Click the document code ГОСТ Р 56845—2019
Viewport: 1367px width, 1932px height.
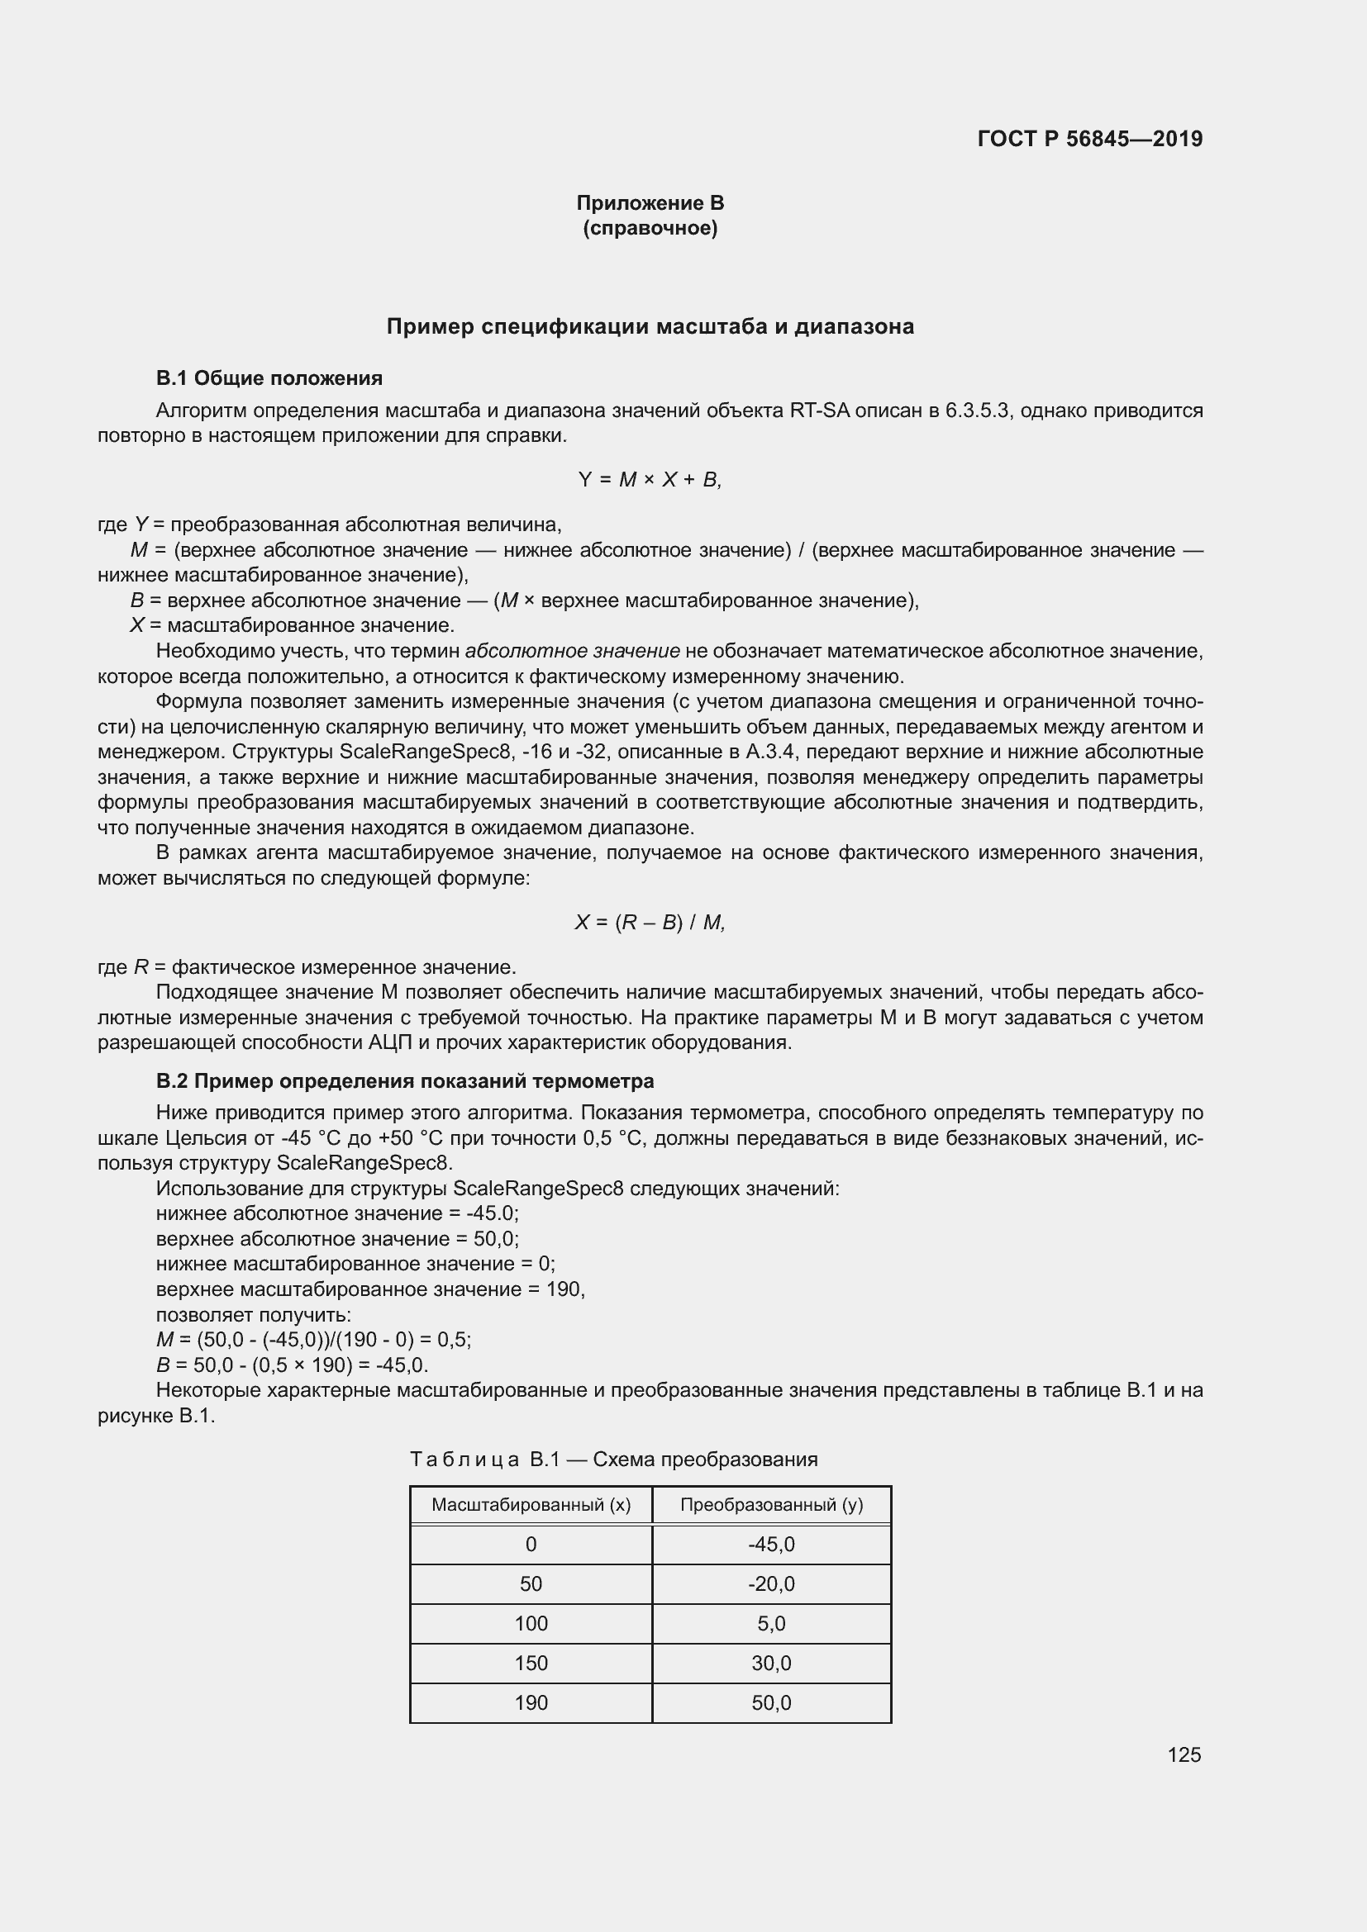1089,139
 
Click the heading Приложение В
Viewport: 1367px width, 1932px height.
650,203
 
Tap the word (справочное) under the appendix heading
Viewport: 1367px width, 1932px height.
650,228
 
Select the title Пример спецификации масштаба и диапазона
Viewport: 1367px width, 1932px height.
650,326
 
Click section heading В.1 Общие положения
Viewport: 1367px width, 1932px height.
269,378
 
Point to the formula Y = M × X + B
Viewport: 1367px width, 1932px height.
650,480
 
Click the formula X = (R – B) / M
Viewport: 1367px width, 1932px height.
650,923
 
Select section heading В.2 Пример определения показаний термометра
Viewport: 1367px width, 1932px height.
405,1080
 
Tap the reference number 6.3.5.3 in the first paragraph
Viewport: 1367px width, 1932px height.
976,411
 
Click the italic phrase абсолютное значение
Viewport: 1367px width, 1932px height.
573,650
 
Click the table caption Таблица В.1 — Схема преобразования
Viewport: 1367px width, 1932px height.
613,1459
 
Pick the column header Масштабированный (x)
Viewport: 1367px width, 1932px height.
531,1504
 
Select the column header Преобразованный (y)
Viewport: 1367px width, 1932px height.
771,1504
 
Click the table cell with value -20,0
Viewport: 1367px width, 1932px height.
771,1583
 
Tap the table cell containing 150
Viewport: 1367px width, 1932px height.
531,1663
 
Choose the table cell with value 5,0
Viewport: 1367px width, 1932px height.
771,1623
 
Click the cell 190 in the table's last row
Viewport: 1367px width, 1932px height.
531,1702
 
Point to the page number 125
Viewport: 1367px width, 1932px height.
1184,1754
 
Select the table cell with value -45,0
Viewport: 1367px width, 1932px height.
771,1544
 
